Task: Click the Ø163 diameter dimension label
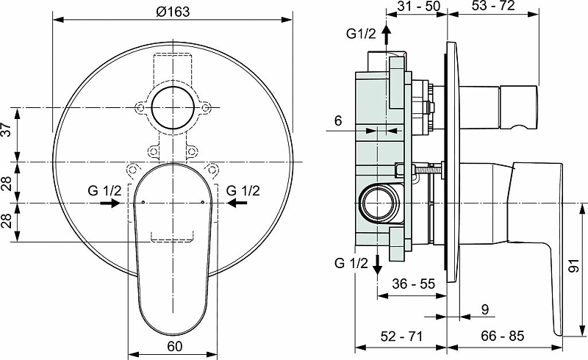click(174, 11)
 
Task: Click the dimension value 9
click(485, 310)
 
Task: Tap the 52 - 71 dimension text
click(401, 336)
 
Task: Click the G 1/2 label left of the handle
click(105, 190)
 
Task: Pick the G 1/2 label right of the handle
click(243, 190)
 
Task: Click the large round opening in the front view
click(174, 108)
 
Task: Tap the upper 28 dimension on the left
click(7, 181)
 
